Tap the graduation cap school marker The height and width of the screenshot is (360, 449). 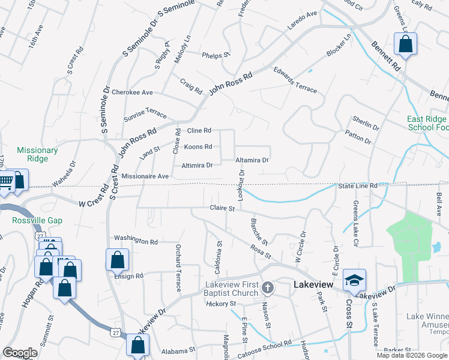point(354,281)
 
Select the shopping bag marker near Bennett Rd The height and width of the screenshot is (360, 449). point(406,44)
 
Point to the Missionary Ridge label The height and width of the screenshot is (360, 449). point(37,155)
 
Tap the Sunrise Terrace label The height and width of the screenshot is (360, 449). point(145,113)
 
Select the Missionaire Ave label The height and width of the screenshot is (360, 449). point(145,176)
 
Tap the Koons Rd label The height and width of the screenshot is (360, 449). point(197,146)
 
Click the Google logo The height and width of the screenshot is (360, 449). point(20,353)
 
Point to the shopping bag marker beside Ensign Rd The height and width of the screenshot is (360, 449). point(117,260)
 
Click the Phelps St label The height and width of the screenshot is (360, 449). point(217,55)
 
